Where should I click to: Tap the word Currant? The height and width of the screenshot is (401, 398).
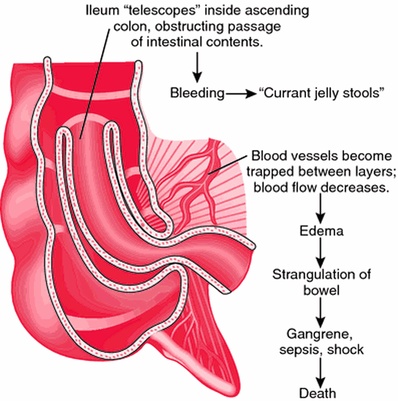click(x=287, y=92)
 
